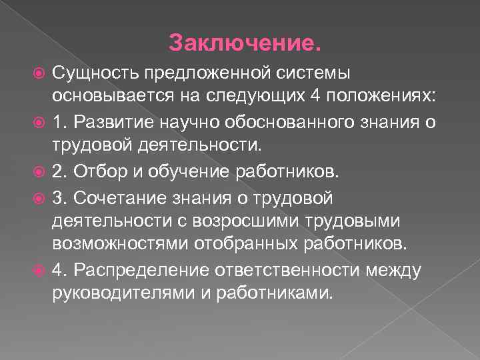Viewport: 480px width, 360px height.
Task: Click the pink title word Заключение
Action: point(245,43)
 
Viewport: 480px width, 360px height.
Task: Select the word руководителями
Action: point(117,292)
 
